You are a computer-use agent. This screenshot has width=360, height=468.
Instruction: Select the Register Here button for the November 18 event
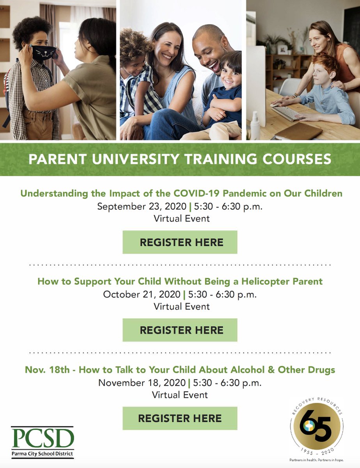[180, 418]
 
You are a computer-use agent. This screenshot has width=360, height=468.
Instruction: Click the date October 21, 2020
[142, 294]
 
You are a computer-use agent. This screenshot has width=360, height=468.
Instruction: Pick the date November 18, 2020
[142, 383]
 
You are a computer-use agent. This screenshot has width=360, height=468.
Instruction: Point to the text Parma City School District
[42, 454]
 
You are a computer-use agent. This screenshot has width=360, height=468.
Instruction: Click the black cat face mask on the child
[43, 53]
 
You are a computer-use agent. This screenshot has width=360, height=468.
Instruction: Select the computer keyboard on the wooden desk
[287, 113]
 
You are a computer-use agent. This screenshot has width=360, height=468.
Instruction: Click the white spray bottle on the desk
[255, 126]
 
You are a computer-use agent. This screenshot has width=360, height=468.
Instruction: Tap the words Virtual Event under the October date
[181, 307]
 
